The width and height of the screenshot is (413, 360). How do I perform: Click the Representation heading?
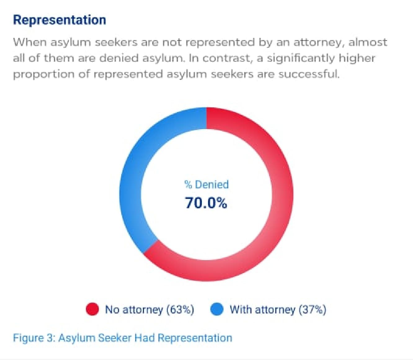60,20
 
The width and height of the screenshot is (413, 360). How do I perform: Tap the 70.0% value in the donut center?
206,203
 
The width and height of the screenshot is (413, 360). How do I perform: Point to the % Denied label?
206,184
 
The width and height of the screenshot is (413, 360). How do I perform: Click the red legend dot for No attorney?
92,309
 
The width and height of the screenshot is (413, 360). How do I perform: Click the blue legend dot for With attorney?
217,309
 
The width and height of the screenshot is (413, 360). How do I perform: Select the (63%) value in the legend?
180,309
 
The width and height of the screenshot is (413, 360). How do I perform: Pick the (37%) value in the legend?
312,309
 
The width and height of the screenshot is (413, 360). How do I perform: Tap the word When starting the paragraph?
29,42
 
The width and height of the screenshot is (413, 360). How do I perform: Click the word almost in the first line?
368,42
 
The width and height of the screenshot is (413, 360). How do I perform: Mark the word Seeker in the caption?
114,338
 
